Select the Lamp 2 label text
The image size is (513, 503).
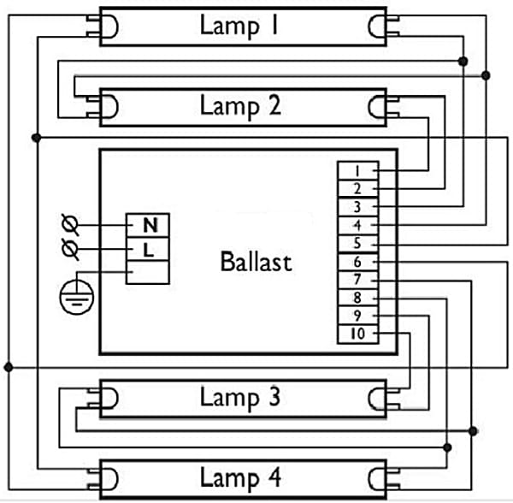[239, 106]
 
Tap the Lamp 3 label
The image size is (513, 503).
[239, 397]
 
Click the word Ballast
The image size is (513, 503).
[256, 261]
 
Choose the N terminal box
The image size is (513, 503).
[149, 226]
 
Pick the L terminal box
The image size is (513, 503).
[149, 249]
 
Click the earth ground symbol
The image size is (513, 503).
[74, 297]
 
